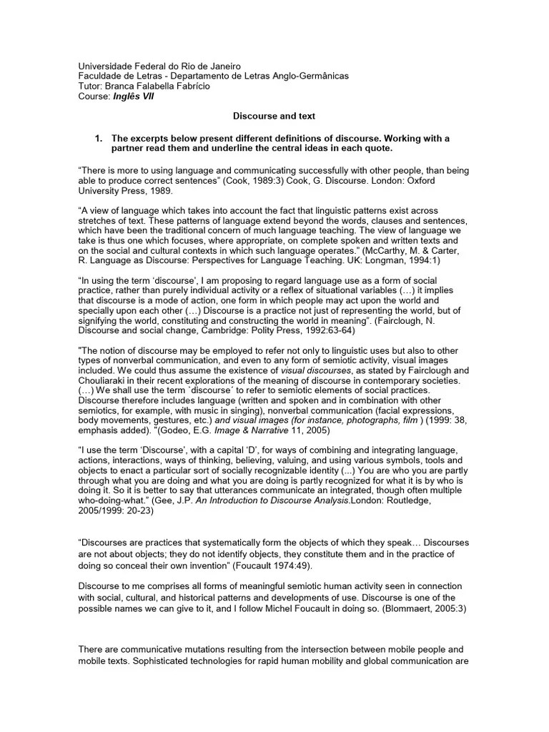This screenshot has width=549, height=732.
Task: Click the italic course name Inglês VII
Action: tap(133, 97)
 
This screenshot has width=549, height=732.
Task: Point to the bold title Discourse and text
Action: tap(274, 115)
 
